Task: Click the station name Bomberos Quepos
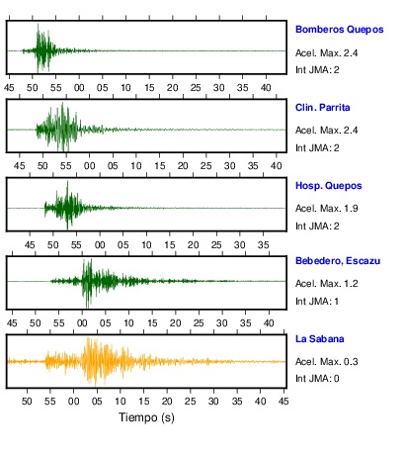pos(340,30)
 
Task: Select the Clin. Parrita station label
pos(323,108)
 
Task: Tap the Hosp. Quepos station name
pos(329,186)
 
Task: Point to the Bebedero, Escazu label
pos(338,261)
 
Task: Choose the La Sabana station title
pos(320,339)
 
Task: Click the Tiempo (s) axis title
pos(146,417)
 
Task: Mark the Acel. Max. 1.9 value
pos(327,209)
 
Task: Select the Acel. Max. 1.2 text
pos(327,284)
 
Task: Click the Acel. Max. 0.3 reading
pos(327,362)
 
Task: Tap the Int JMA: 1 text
pos(317,302)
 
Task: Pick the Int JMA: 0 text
pos(317,379)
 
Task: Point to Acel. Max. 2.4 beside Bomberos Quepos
pos(327,53)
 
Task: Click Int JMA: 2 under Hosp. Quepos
pos(317,227)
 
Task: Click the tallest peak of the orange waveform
pos(88,337)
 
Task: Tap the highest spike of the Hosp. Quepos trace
pos(67,181)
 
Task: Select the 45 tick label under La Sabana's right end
pos(283,402)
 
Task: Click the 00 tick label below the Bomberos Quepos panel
pos(79,88)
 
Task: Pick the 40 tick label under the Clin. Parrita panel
pos(277,166)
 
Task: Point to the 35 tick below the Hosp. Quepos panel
pos(263,245)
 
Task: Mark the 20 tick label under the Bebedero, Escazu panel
pos(175,323)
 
